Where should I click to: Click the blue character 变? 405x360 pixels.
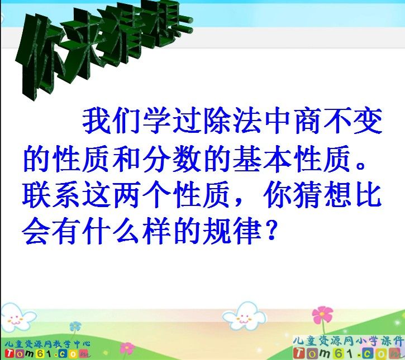(367, 121)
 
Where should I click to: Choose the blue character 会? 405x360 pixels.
(38, 231)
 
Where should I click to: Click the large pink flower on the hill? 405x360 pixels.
(322, 316)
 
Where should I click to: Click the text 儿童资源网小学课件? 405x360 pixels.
(348, 339)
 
